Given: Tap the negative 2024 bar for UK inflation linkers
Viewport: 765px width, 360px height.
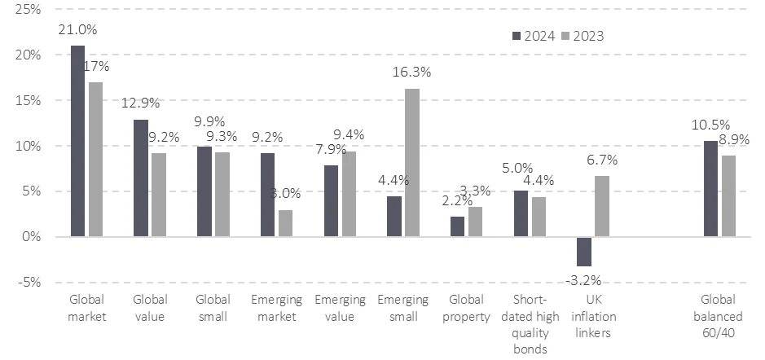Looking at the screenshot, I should coord(583,252).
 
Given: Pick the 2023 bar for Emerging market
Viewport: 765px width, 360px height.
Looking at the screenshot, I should coord(285,223).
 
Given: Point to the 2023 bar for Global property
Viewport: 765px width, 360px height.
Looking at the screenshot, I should coord(475,222).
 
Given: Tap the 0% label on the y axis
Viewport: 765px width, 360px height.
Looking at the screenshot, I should coord(33,237).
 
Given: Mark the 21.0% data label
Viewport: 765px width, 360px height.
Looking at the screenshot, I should coord(77,29).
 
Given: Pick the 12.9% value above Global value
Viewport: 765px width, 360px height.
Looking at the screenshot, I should coord(141,103).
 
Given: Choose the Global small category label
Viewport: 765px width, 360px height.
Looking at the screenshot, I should coord(213,308).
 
